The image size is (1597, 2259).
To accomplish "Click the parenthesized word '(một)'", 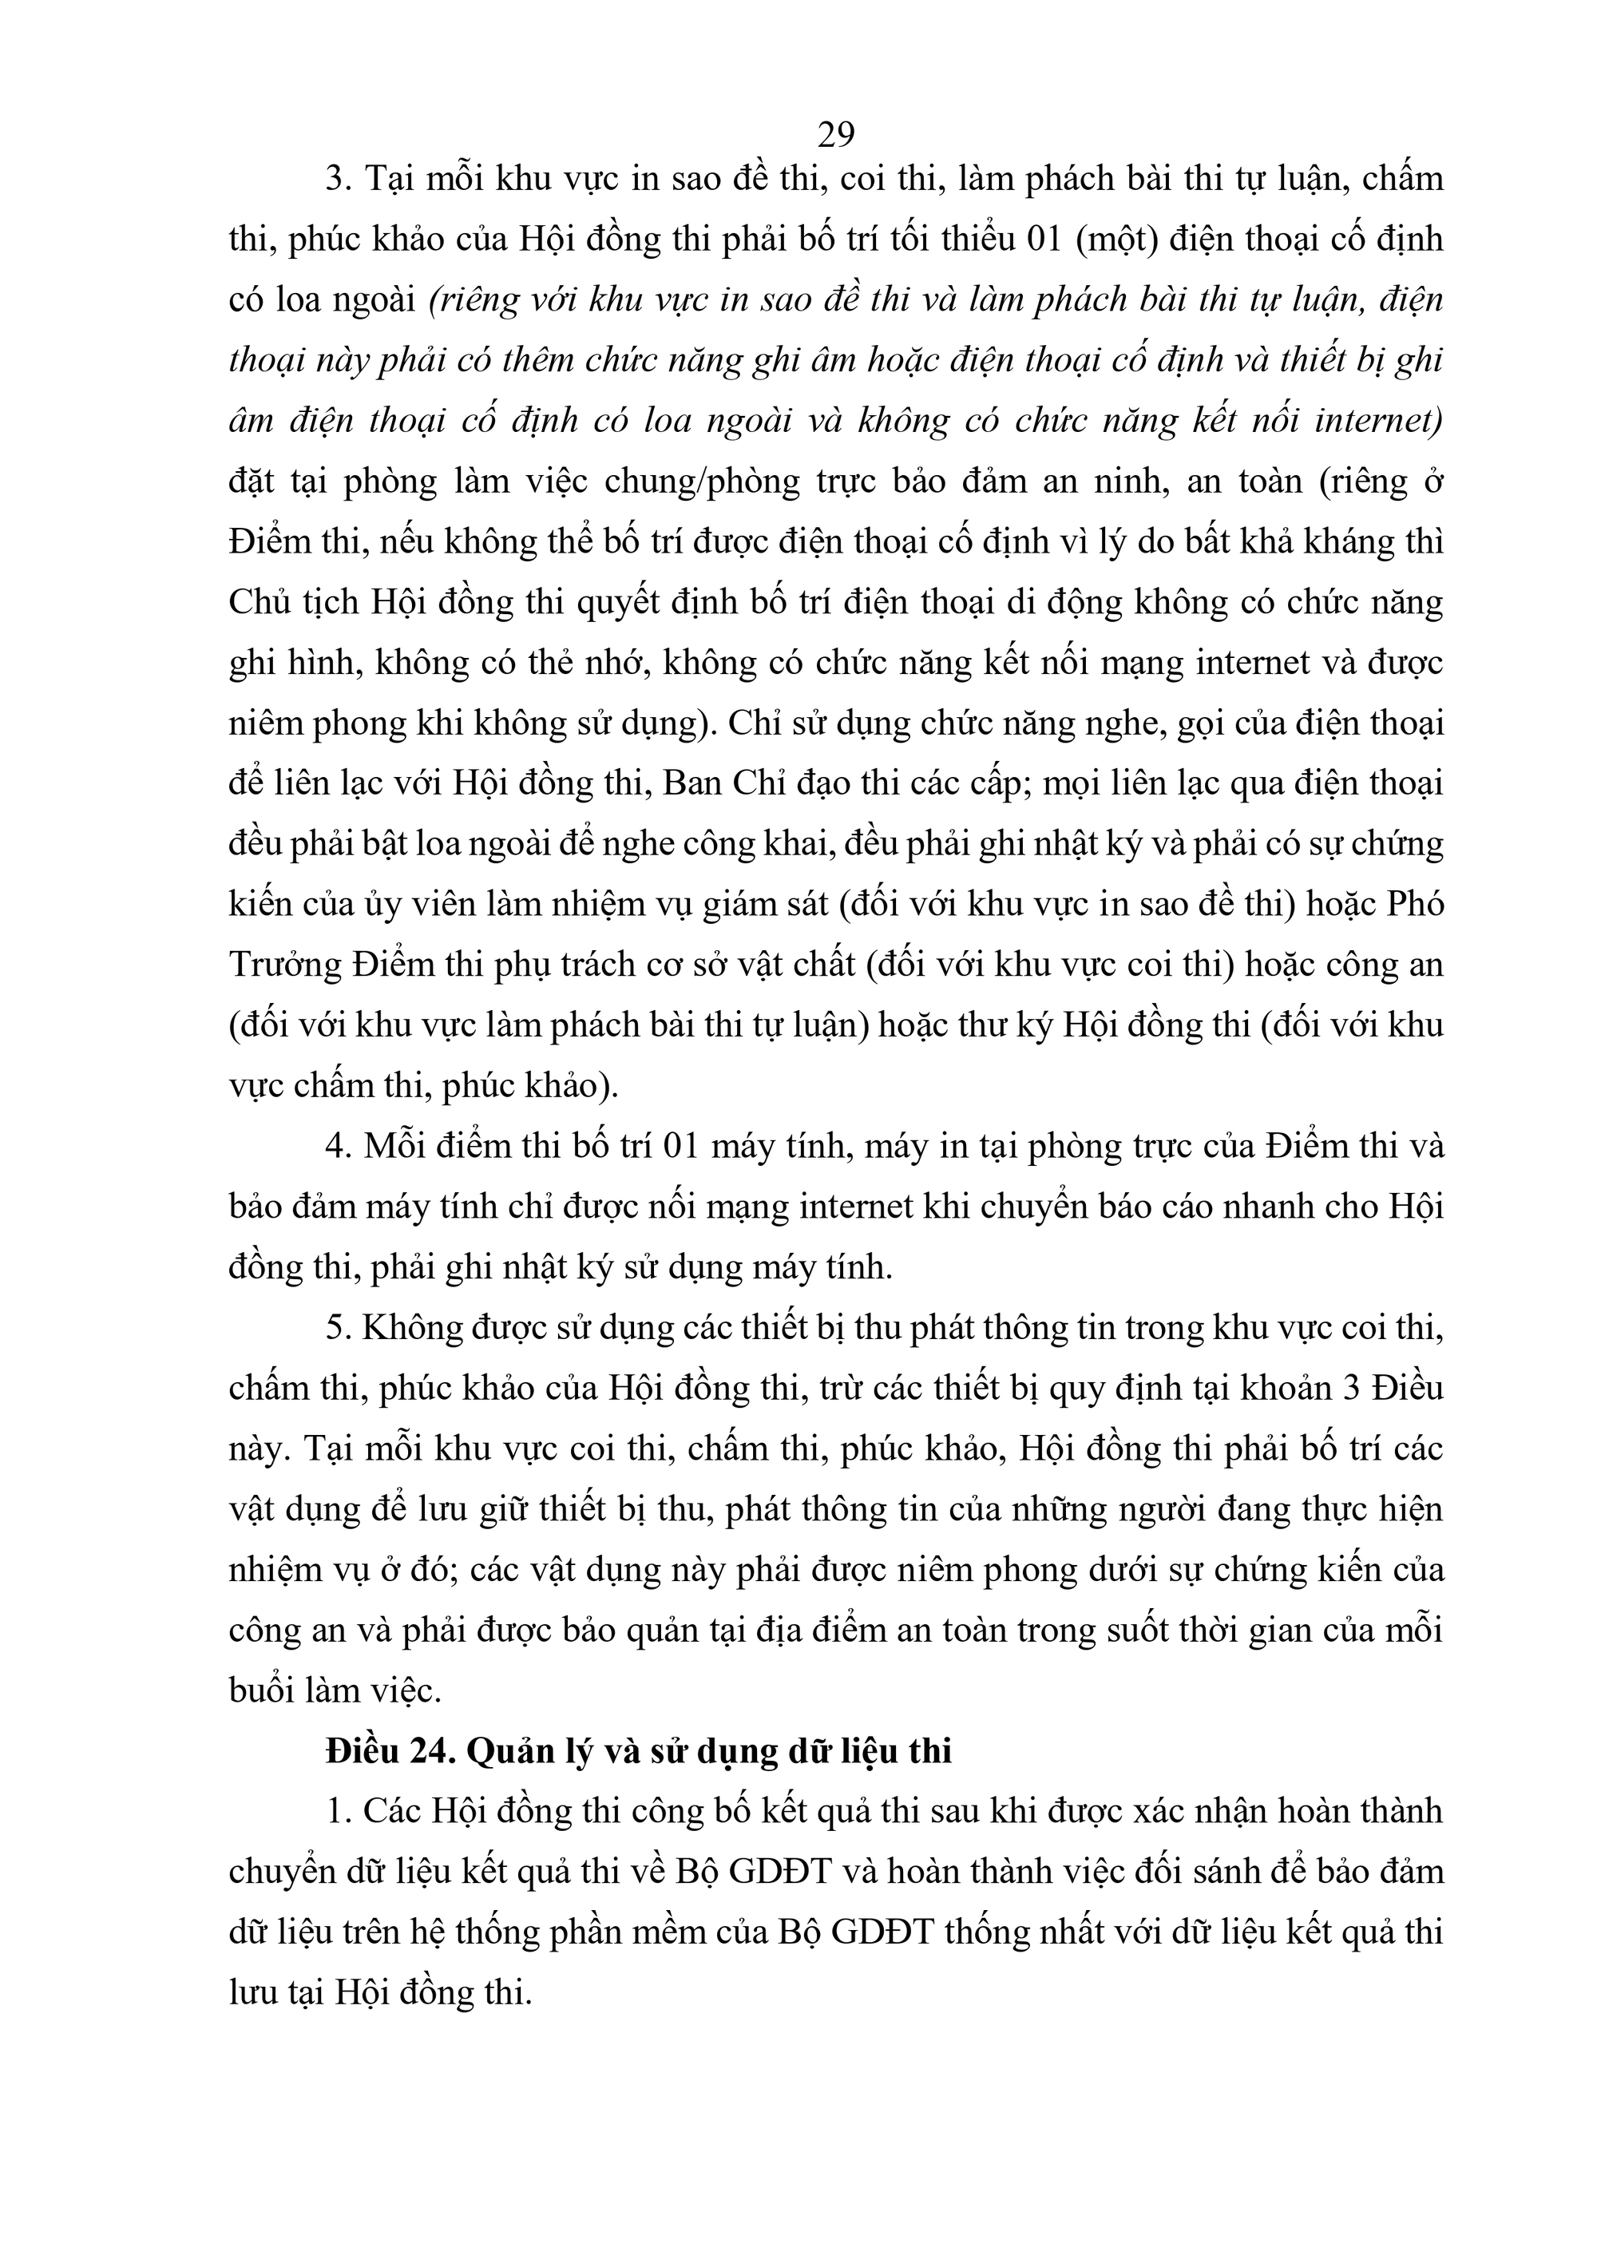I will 1115,239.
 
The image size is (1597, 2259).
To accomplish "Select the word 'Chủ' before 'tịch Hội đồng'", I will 257,602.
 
